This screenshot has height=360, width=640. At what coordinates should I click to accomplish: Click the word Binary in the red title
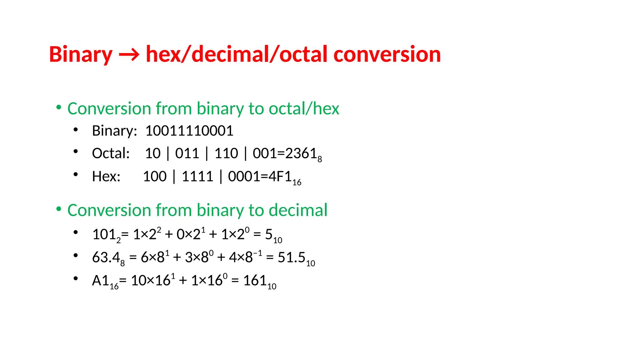pos(81,54)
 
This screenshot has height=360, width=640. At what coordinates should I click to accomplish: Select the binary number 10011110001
pos(189,131)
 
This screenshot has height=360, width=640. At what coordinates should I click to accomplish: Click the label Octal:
pos(111,153)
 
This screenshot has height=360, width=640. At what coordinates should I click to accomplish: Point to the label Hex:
pos(106,177)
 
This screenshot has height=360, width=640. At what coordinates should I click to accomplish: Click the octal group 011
pos(187,153)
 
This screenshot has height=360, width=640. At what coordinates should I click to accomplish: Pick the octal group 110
pos(226,153)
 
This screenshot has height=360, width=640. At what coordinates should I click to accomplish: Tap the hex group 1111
pos(197,177)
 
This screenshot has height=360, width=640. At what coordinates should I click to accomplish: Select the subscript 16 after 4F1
pos(297,182)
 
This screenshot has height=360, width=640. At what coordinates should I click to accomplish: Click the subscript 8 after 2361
pos(320,159)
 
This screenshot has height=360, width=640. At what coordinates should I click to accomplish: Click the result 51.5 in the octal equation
pos(291,257)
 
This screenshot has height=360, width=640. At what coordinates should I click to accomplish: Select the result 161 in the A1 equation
pos(255,281)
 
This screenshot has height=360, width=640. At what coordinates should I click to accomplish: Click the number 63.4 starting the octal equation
pos(106,257)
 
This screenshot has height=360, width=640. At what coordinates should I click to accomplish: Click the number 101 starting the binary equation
pos(104,234)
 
